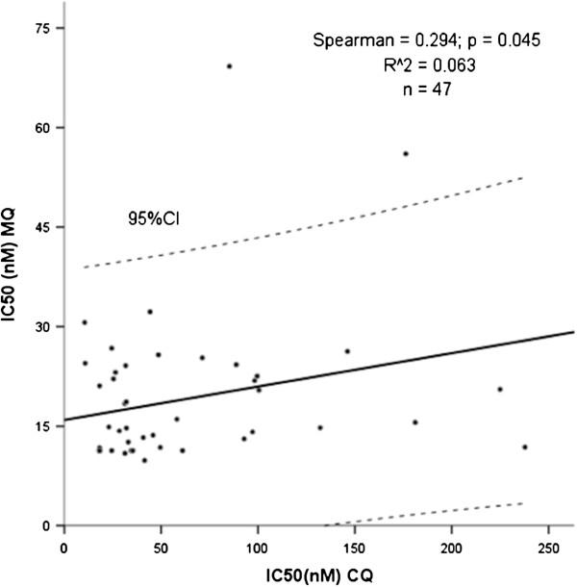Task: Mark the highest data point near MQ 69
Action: (229, 66)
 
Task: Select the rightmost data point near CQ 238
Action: (524, 447)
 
